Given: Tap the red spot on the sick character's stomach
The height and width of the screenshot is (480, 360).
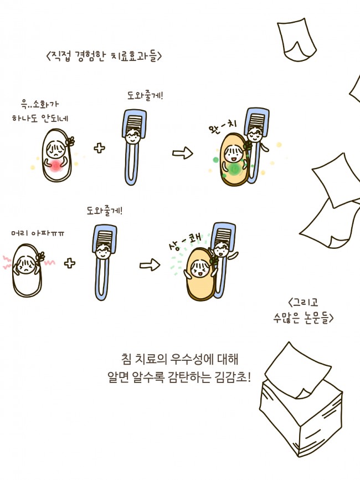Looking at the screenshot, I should [x=55, y=164].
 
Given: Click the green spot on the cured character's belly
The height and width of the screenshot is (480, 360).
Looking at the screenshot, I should [x=235, y=168].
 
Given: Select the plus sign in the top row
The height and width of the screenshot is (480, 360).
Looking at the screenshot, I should [x=100, y=148].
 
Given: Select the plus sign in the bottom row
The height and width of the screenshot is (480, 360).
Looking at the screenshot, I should [x=70, y=263].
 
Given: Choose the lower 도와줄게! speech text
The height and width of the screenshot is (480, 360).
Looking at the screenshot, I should [x=105, y=211].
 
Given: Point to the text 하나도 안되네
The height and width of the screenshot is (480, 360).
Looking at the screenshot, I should [x=40, y=118].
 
